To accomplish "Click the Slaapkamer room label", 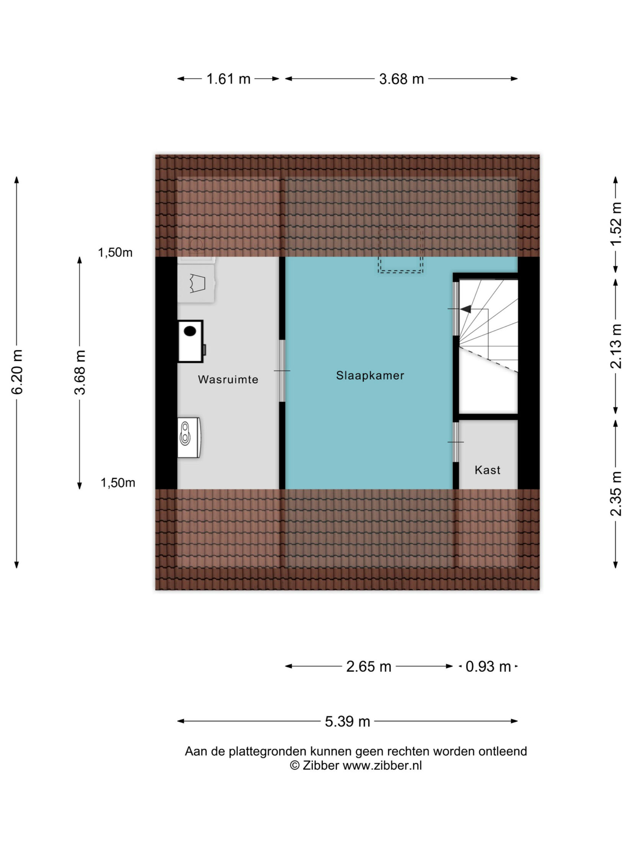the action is point(370,376).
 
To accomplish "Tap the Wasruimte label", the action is point(228,379).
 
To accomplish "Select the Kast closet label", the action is point(487,470).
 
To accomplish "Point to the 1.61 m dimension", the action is point(228,79).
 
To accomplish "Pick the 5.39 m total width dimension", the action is point(347,722).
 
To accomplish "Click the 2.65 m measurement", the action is point(368,667).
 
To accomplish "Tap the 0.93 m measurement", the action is point(488,667).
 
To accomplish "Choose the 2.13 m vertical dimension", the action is point(616,346).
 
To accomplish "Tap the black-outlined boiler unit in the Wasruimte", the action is point(191,341).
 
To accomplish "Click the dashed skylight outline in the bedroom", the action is point(400,250).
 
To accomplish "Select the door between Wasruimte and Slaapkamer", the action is point(282,371).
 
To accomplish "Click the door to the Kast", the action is point(456,442).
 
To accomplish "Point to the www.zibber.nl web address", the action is point(382,766).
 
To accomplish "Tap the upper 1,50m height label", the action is point(115,253).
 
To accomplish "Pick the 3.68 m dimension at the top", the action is point(401,79).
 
